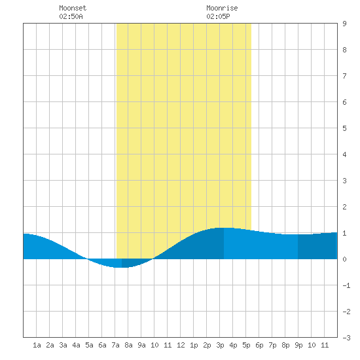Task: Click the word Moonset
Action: tap(73, 8)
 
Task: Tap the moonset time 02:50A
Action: tap(71, 16)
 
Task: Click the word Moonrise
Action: tap(222, 8)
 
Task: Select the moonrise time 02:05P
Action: tap(218, 16)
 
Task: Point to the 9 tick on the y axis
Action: tap(344, 24)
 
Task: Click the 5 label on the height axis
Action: tap(344, 128)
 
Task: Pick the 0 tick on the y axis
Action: tap(344, 259)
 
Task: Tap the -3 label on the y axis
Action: tap(346, 338)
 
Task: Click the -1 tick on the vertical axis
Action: tap(346, 285)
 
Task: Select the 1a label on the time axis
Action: tap(37, 345)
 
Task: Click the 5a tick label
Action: tap(89, 345)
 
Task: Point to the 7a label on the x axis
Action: tap(115, 345)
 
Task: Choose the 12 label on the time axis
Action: tap(181, 345)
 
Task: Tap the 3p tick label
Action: tap(220, 345)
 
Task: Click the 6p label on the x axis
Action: tap(259, 345)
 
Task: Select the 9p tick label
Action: tap(298, 345)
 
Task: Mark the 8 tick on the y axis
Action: tap(344, 50)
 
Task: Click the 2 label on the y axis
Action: tap(344, 207)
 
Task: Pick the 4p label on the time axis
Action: tap(233, 345)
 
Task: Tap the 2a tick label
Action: tap(50, 345)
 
